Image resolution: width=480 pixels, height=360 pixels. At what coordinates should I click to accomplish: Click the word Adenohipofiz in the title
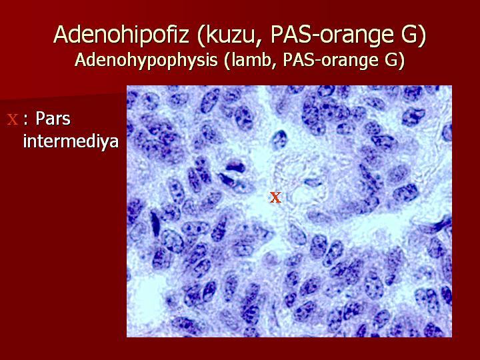click(x=121, y=34)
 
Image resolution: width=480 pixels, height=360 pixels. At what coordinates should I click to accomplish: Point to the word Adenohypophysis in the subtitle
click(x=146, y=60)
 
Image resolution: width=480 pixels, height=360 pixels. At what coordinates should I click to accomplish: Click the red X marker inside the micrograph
click(x=275, y=197)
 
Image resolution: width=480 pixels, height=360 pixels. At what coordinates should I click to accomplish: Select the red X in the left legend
click(x=13, y=119)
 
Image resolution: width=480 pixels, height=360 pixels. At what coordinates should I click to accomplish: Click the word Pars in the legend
click(x=53, y=118)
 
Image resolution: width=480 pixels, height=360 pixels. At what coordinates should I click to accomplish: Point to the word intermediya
click(x=71, y=141)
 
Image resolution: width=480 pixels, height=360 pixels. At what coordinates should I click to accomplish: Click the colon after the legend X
click(x=26, y=120)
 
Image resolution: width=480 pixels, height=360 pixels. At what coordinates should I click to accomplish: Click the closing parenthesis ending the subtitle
click(x=401, y=61)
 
